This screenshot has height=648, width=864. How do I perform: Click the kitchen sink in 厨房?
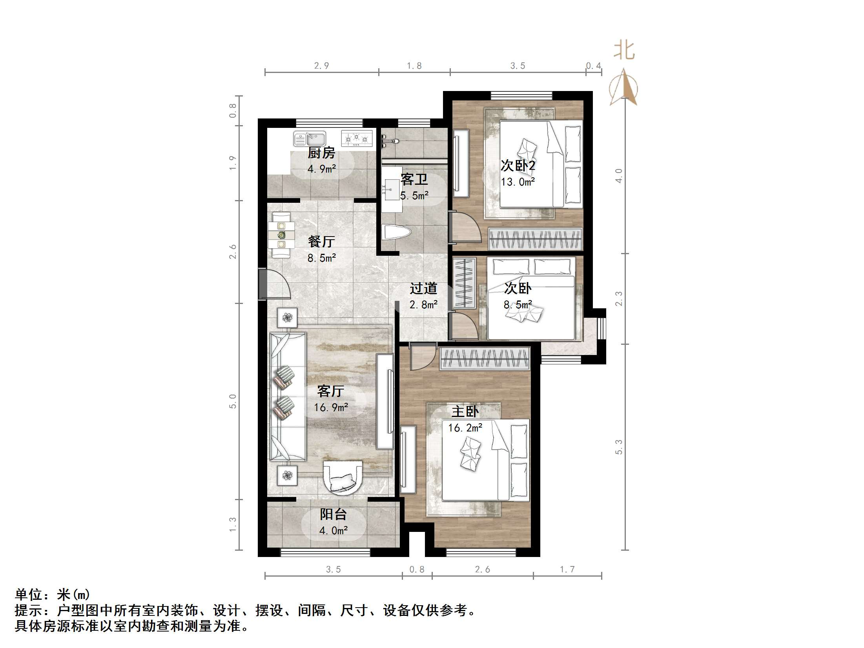310,139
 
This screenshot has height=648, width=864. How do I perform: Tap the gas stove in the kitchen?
357,138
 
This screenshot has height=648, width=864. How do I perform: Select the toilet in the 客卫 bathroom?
396,232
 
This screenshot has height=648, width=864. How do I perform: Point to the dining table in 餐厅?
281,235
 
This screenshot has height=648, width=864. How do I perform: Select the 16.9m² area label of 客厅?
331,408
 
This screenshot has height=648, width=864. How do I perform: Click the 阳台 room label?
333,514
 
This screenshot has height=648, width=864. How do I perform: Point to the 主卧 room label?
465,411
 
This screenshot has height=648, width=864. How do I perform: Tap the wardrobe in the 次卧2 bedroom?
535,239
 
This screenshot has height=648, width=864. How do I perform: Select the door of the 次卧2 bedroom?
465,228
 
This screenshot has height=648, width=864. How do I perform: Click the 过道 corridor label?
423,288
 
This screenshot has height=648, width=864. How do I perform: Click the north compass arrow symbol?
623,88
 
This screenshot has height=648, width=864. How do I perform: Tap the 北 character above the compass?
624,51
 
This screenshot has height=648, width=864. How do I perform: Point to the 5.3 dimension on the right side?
619,447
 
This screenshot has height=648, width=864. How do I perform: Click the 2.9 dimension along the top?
321,66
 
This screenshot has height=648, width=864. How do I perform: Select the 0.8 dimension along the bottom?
417,569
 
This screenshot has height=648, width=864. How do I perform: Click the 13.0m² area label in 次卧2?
518,182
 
